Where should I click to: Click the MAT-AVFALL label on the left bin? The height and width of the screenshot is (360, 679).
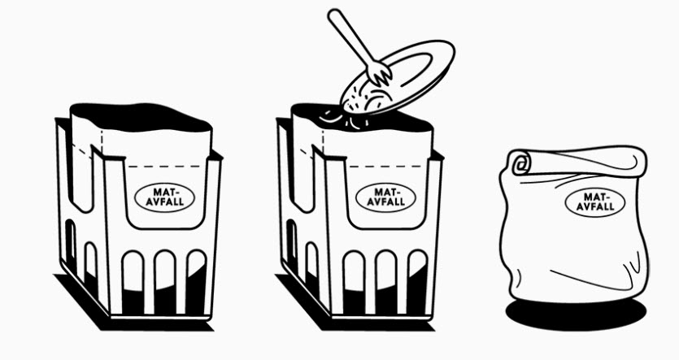coord(164,197)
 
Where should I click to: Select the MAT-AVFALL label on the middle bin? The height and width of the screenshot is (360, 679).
coord(385,197)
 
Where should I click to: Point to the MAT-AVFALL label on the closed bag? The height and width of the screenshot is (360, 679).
coord(595,202)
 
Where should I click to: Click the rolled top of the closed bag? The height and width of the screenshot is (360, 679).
coord(578,163)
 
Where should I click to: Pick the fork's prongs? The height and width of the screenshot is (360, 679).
coord(380,74)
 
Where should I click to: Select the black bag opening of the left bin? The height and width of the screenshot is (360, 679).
coord(141,117)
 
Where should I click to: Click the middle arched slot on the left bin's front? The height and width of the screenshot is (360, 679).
coord(165,281)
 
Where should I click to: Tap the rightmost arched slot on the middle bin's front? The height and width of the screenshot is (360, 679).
coord(417,281)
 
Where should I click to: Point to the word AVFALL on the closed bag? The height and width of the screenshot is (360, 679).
coord(595,207)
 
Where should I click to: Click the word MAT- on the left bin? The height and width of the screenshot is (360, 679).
coord(165,192)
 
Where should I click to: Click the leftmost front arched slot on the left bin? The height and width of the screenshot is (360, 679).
coord(133,282)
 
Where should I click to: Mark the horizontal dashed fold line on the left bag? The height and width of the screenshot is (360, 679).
coord(166,166)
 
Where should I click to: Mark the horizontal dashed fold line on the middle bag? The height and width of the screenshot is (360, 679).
coord(386,166)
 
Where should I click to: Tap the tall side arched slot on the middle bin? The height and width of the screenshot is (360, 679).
coord(291,241)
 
